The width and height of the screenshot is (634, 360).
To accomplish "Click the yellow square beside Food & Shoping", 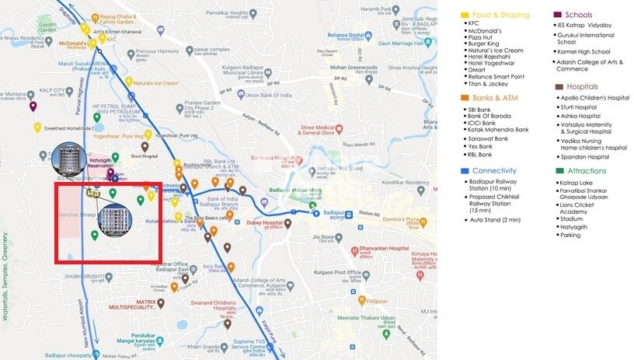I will pos(464,15).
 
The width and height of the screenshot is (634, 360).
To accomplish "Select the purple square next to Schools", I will pos(557,15).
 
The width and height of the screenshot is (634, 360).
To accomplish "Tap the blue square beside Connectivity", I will pos(464,170).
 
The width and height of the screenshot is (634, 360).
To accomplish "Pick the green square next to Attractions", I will pos(559,171).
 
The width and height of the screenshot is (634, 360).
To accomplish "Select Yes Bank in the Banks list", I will pos(481,145).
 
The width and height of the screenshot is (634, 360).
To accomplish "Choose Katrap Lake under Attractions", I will pos(576,183).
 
